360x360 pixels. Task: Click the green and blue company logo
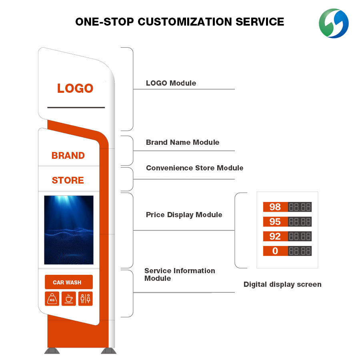(x=334, y=23)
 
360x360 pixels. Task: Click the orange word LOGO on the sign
(x=75, y=88)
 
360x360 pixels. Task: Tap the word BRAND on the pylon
(x=68, y=156)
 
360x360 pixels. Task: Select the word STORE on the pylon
(x=68, y=180)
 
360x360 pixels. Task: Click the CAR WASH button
(x=68, y=282)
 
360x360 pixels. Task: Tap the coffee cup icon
(x=68, y=298)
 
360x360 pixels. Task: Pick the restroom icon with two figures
(x=86, y=298)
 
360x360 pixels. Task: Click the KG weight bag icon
(x=52, y=298)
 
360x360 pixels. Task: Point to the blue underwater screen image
(x=68, y=230)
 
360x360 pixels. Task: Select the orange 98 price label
(x=275, y=207)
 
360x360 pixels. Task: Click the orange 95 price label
(x=275, y=222)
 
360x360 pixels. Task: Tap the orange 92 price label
(x=275, y=236)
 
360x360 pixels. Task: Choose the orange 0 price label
(x=275, y=251)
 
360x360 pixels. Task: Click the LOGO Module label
(x=171, y=83)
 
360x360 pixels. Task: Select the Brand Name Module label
(x=182, y=142)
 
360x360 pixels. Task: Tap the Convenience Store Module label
(x=194, y=168)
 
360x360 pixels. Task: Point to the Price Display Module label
(x=184, y=215)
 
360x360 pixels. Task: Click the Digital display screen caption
(x=282, y=284)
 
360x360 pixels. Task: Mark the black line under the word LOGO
(x=76, y=107)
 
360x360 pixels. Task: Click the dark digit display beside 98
(x=300, y=207)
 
